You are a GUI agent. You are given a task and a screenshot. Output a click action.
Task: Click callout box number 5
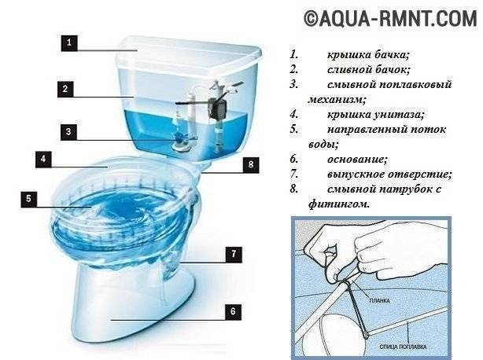[x=29, y=199]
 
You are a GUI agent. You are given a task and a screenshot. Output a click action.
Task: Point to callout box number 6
[x=232, y=311]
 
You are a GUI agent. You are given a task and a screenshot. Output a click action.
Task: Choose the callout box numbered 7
[x=232, y=254]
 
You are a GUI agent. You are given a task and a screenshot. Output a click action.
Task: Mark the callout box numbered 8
[x=250, y=164]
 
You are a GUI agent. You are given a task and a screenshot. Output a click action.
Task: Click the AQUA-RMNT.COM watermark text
[x=381, y=18]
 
